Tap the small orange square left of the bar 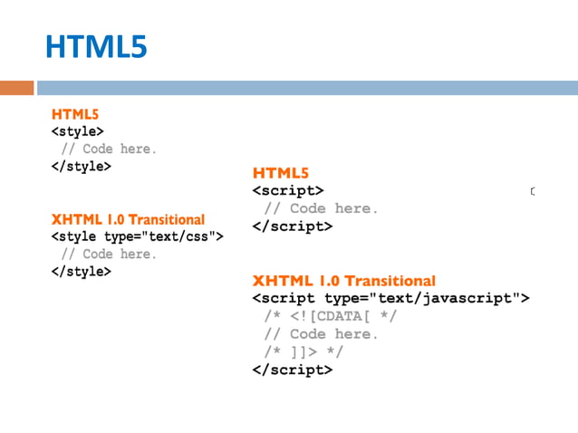pos(16,88)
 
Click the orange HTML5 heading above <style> pos(75,115)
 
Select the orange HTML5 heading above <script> pos(282,173)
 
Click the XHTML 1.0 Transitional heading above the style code pos(128,219)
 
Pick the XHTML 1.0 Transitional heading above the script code pos(343,281)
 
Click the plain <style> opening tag pos(77,131)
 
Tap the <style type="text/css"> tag pos(137,236)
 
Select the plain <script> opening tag pos(287,190)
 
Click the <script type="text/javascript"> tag pos(390,298)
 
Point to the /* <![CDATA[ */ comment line pos(330,316)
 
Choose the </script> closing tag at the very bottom pos(292,370)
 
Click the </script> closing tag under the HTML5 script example pos(292,226)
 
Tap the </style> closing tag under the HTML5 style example pos(82,167)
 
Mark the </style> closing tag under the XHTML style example pos(82,271)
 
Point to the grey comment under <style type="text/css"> pos(109,254)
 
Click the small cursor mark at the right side pos(533,191)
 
